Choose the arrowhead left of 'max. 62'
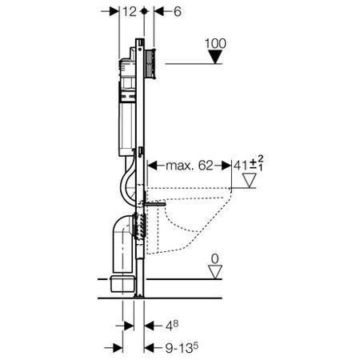point(149,166)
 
